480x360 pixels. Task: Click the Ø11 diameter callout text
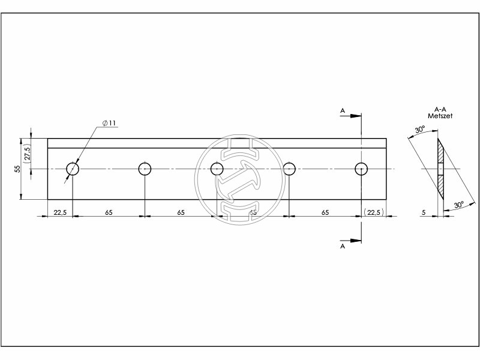[x=109, y=123]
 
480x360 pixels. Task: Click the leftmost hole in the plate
[x=73, y=169]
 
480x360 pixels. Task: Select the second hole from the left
[x=145, y=169]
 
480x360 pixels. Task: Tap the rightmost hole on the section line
[x=361, y=169]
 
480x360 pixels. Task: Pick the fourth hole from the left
[x=289, y=169]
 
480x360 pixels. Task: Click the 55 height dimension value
[x=17, y=169]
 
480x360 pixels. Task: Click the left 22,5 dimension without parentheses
[x=59, y=212]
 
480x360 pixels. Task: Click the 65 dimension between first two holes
[x=109, y=212]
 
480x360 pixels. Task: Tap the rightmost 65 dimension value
[x=325, y=212]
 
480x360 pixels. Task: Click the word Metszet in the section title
[x=440, y=115]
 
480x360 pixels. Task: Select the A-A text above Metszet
[x=440, y=109]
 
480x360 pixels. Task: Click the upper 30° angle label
[x=419, y=129]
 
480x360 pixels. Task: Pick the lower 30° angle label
[x=458, y=206]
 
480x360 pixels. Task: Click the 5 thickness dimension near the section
[x=424, y=212]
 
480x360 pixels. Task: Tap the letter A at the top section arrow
[x=343, y=110]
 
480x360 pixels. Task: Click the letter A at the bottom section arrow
[x=343, y=246]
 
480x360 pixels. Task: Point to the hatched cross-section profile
[x=440, y=169]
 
